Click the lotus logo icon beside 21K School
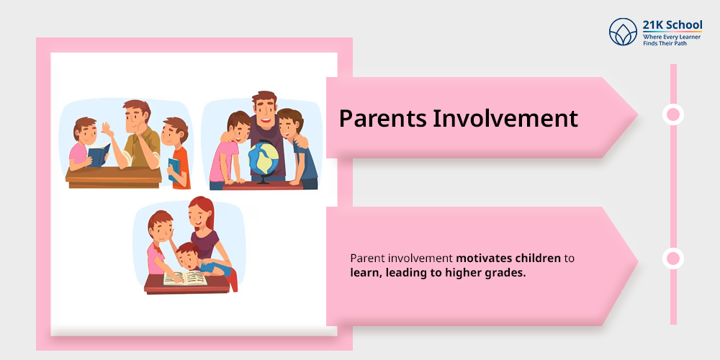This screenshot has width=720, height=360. pyautogui.click(x=624, y=32)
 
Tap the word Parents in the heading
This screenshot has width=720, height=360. pyautogui.click(x=382, y=118)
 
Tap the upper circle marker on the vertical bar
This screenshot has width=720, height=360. pyautogui.click(x=673, y=114)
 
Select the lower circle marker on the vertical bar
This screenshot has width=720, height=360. pyautogui.click(x=673, y=258)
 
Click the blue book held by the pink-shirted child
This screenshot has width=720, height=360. pyautogui.click(x=98, y=155)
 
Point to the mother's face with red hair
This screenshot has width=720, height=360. pyautogui.click(x=202, y=217)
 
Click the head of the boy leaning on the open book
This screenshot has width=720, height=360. pyautogui.click(x=189, y=253)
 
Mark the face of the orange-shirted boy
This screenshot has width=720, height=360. pyautogui.click(x=174, y=135)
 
